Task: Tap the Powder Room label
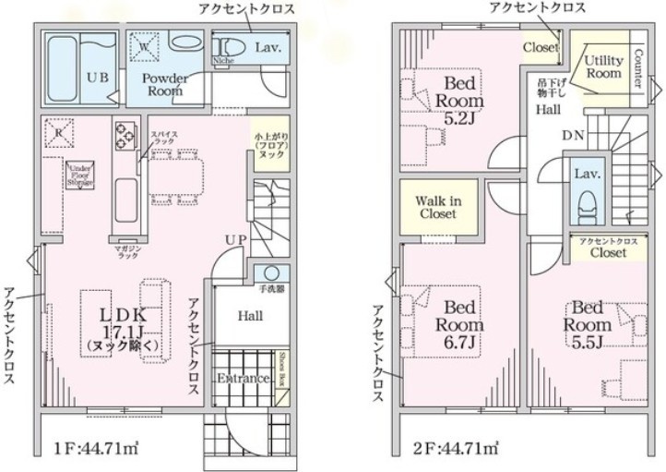click(x=165, y=85)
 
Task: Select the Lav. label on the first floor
click(x=268, y=45)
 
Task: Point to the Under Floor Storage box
click(x=78, y=174)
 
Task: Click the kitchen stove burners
click(x=125, y=137)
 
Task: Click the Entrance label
click(x=243, y=379)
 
